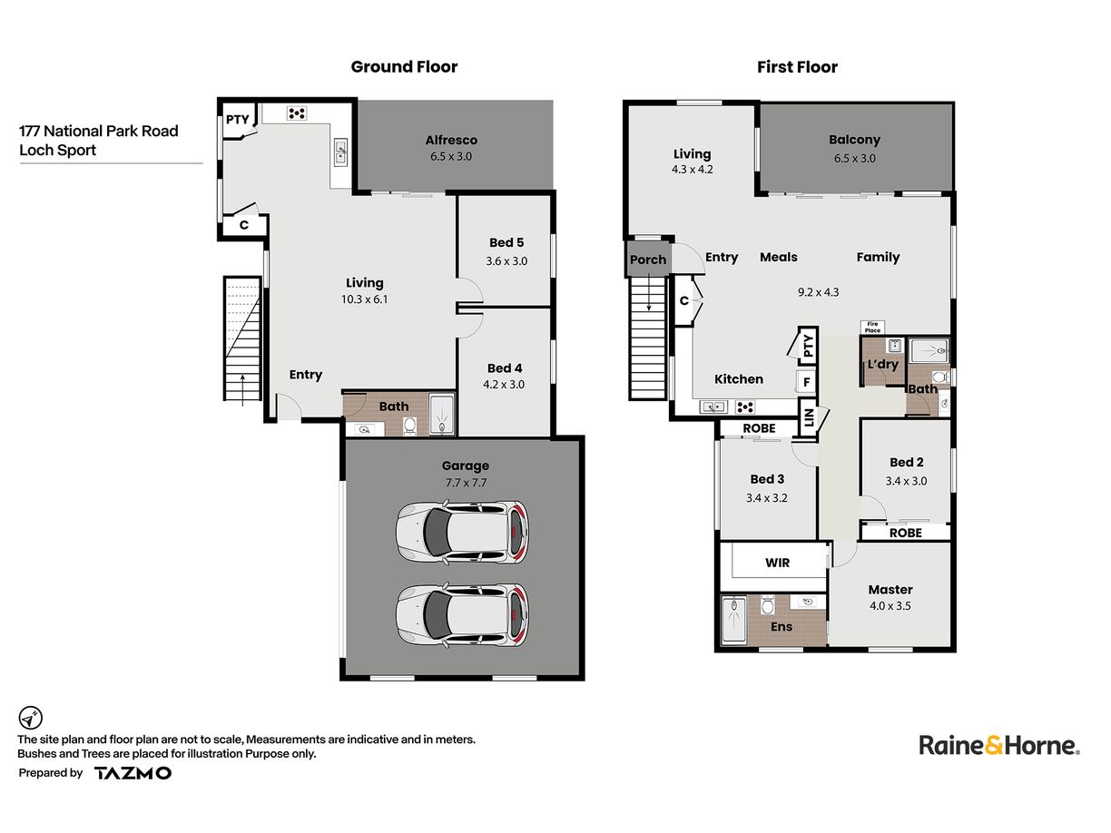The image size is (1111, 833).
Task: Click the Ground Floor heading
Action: coord(404,67)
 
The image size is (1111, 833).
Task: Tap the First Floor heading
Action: coord(797,67)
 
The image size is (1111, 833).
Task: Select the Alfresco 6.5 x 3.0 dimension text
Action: coord(451,157)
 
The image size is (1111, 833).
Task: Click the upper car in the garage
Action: coord(463,533)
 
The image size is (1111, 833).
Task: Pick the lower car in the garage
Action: coord(463,616)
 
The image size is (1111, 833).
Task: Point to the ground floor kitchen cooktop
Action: coord(297,113)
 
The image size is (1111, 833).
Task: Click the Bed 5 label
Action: coord(506,243)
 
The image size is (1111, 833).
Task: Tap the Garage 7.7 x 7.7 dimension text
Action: coord(466,483)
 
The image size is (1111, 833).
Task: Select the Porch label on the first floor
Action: coord(648,260)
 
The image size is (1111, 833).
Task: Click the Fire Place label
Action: coord(872,328)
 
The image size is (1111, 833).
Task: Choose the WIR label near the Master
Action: coord(778,563)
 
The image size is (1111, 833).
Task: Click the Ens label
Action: coord(782,627)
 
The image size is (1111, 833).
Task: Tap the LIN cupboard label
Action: coord(809,417)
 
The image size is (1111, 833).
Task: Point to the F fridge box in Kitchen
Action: coord(807,382)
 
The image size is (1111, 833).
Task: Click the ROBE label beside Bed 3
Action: coord(759,429)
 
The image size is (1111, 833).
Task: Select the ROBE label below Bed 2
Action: coord(906,533)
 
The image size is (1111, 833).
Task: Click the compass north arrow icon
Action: coord(30,718)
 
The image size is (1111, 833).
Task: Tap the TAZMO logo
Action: coord(133,773)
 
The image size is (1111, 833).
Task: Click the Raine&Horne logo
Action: coord(999,746)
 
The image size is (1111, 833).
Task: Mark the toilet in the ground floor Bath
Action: coord(410,426)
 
